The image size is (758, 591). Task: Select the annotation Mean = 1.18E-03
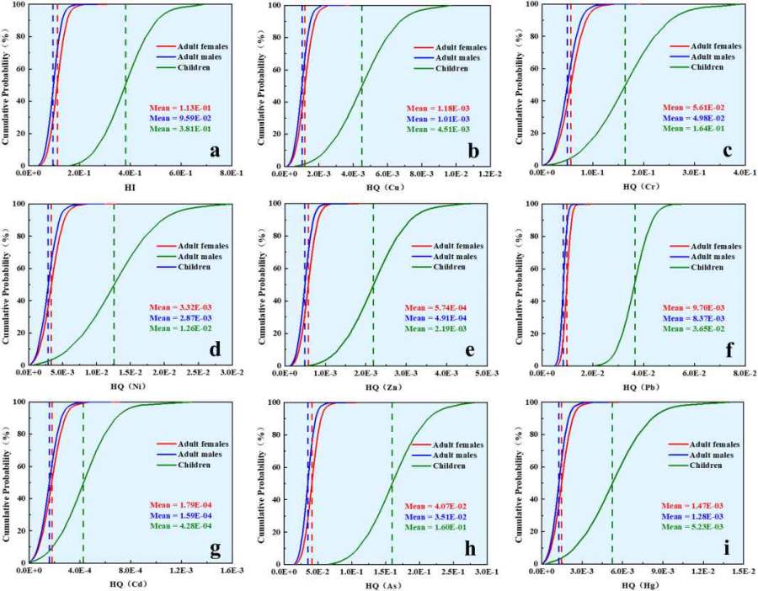436,109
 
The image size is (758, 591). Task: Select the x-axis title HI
129,185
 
